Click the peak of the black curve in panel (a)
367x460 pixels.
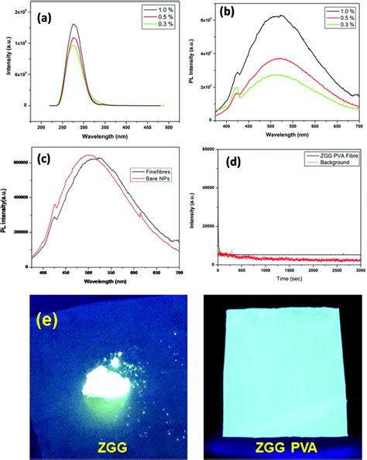click(74, 25)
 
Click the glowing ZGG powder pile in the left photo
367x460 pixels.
click(101, 382)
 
